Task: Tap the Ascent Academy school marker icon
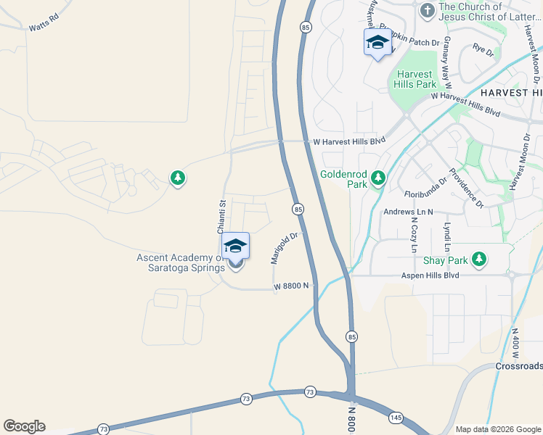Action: [235, 247]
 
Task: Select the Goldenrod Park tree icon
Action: [377, 178]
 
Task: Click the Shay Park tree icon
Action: [478, 259]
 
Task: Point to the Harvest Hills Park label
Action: [415, 79]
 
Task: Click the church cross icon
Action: [427, 10]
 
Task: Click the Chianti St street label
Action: [223, 216]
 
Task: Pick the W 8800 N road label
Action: [291, 286]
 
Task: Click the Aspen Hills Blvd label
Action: [430, 275]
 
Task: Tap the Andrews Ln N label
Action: [408, 212]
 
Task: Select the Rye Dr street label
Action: [483, 50]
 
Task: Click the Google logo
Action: [24, 426]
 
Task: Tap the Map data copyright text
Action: [497, 429]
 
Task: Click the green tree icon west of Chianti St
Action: [177, 178]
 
